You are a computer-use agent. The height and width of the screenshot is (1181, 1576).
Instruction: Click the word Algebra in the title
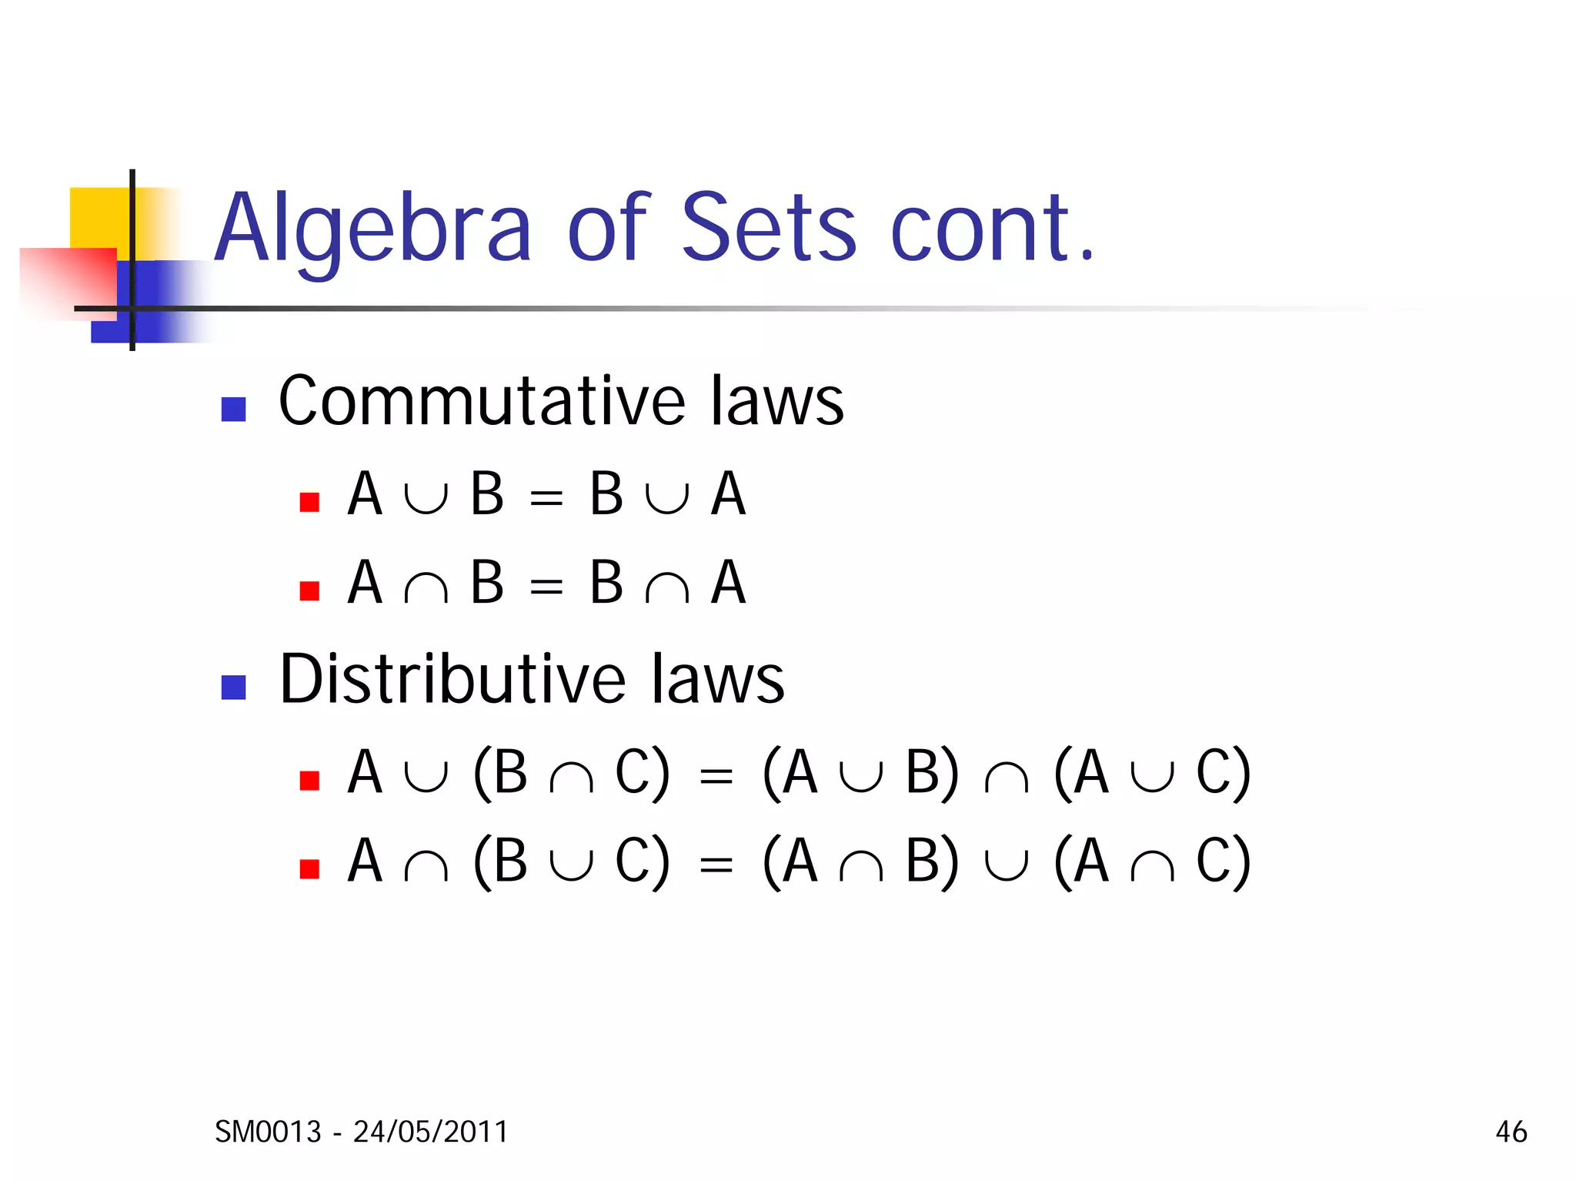click(372, 229)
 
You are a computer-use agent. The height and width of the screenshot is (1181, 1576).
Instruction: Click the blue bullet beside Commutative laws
click(233, 409)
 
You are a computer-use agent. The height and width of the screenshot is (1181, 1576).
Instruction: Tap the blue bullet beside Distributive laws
click(233, 687)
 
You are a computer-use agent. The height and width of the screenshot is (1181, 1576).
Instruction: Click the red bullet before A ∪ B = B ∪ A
click(309, 502)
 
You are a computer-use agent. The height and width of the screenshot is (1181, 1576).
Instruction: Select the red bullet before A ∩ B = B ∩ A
click(309, 590)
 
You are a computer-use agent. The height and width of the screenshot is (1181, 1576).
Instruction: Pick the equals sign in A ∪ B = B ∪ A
click(546, 499)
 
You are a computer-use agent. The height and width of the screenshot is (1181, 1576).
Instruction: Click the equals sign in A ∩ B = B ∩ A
click(546, 587)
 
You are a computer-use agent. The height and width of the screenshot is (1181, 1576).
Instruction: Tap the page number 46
click(1511, 1132)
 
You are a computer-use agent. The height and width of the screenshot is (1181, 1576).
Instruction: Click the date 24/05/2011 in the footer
click(431, 1132)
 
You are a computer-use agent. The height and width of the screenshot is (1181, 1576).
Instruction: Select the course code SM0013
click(268, 1132)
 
